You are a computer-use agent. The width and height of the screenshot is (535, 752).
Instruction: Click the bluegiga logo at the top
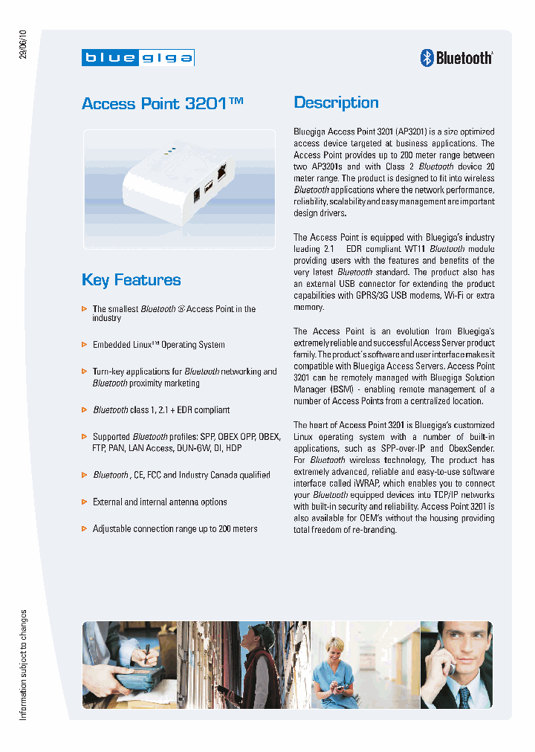pyautogui.click(x=138, y=57)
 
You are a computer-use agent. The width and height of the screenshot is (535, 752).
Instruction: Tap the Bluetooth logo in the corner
pyautogui.click(x=456, y=57)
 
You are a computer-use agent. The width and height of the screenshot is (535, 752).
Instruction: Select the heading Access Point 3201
pyautogui.click(x=163, y=103)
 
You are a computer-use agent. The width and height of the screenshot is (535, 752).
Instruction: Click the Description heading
pyautogui.click(x=336, y=103)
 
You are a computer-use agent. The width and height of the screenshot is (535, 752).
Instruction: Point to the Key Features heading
pyautogui.click(x=131, y=280)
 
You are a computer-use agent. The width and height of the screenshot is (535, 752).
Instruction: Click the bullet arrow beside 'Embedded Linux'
pyautogui.click(x=84, y=345)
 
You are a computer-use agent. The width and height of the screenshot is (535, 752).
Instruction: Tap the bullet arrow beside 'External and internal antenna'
pyautogui.click(x=84, y=502)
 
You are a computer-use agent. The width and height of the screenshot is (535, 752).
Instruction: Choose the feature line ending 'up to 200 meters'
pyautogui.click(x=175, y=529)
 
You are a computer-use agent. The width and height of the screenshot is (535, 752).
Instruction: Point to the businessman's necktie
pyautogui.click(x=464, y=697)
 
